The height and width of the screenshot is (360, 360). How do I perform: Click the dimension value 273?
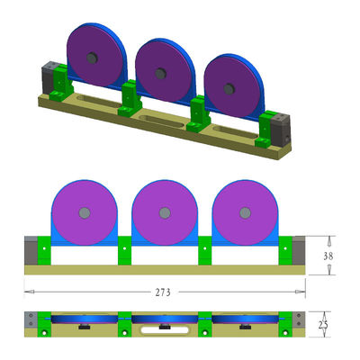164,292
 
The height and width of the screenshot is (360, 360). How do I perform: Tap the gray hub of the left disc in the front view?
85,212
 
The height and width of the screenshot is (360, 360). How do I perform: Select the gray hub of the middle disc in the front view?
164,213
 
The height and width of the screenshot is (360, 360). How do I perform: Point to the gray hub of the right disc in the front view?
244,213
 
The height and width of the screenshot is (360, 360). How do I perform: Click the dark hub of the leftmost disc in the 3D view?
91,58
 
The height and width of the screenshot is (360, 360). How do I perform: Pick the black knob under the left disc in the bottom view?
84,328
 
